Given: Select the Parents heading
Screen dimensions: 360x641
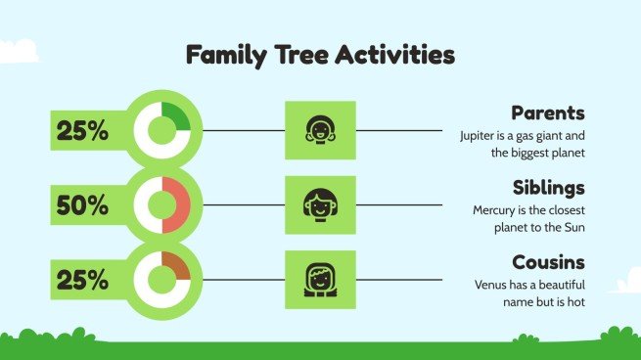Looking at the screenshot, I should [548, 112].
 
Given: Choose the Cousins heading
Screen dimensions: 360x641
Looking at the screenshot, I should [548, 262].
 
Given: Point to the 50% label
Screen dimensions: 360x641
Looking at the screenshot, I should [82, 205].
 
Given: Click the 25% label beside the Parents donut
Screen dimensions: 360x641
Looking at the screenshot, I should [82, 130].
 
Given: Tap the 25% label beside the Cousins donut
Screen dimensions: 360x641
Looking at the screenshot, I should [82, 280].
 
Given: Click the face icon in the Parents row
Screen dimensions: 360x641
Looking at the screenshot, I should [319, 130].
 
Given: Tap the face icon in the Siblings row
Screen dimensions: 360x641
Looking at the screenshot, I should [319, 205].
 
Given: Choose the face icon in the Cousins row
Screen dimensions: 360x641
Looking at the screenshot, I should [319, 280].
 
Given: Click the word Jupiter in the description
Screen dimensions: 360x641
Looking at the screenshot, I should [479, 135].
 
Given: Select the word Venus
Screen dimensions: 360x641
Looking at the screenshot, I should [487, 285].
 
